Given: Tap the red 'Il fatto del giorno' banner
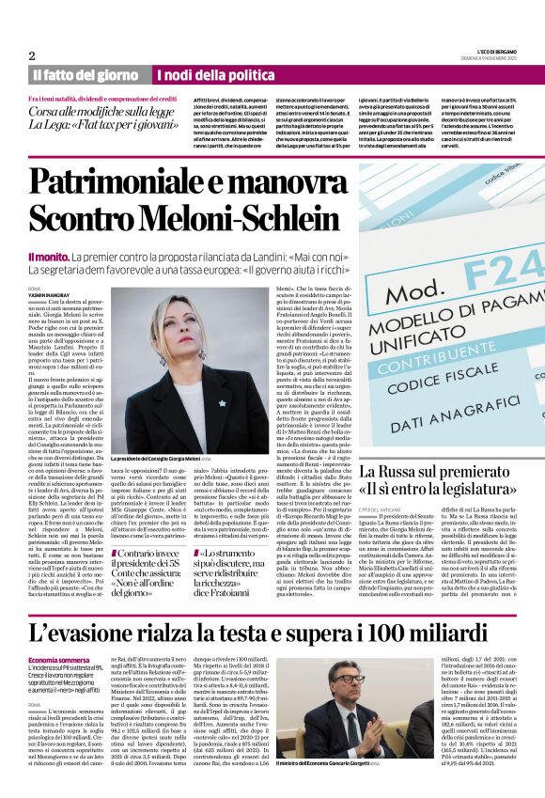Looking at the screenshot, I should [x=86, y=74].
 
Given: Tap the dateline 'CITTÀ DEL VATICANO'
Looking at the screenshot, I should [x=382, y=508].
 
